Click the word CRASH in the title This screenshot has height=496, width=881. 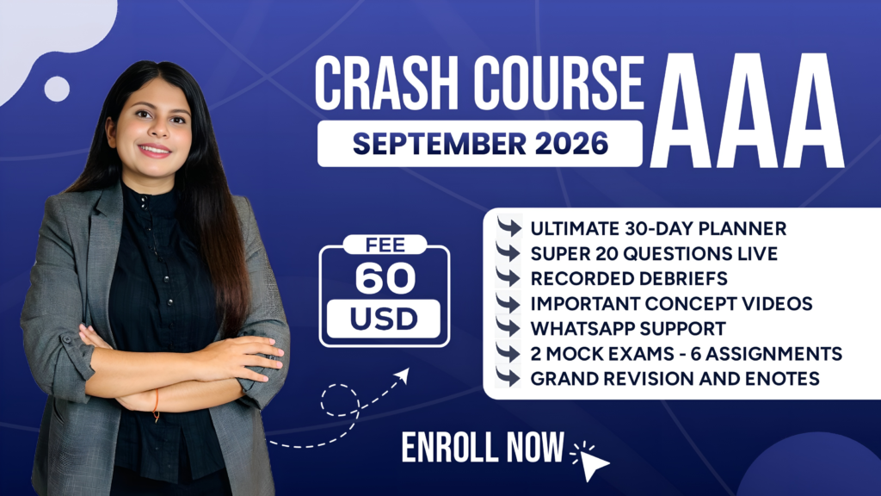386,84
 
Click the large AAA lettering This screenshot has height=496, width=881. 748,111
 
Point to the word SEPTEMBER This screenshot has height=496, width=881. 439,144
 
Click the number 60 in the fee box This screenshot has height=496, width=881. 385,278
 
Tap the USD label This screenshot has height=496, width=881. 384,319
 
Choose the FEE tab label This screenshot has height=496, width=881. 385,245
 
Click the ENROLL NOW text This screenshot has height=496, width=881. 483,448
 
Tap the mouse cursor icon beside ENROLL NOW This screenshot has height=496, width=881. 592,462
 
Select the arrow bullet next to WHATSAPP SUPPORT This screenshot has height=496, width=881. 508,328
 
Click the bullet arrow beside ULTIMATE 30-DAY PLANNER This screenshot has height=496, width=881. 508,227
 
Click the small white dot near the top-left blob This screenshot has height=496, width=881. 57,89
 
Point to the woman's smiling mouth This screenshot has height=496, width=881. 155,150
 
